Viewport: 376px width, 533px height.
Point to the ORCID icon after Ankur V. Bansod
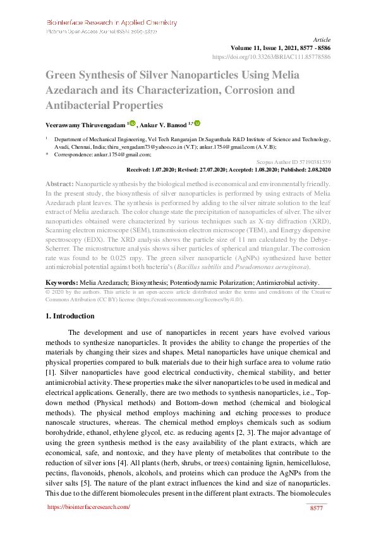pos(197,124)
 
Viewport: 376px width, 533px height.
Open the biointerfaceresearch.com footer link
pos(88,506)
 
